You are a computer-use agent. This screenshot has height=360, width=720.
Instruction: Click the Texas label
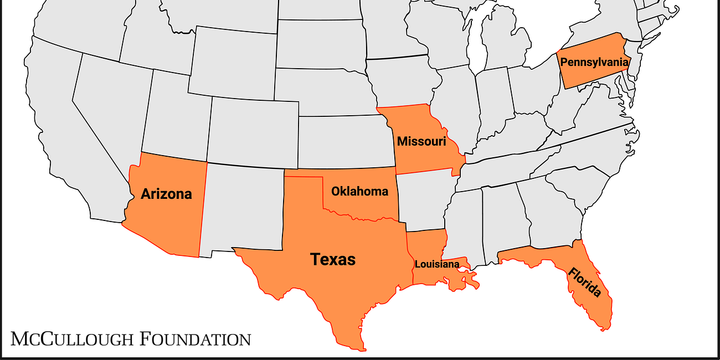click(x=333, y=259)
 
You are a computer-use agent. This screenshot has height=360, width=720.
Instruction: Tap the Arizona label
click(x=166, y=194)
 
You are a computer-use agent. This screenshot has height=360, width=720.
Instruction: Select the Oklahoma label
click(x=359, y=192)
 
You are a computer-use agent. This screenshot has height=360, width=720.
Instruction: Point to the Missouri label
click(x=421, y=141)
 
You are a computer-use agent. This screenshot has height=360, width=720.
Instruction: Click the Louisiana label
click(x=437, y=264)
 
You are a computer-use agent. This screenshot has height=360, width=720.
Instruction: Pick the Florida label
click(x=584, y=282)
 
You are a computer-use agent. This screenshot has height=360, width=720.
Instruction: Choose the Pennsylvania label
click(x=594, y=62)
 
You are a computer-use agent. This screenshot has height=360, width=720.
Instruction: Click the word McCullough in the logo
click(x=73, y=338)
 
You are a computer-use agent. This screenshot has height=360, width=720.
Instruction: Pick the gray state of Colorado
click(x=252, y=130)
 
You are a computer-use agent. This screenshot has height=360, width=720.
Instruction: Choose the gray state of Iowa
click(x=402, y=80)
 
